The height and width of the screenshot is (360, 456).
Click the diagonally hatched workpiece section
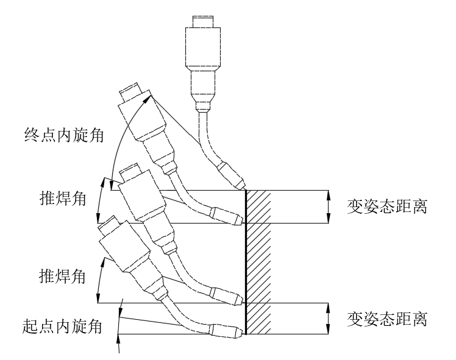coord(258,262)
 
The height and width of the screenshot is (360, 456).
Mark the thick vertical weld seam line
coord(246,262)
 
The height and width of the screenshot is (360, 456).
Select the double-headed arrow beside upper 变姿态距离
coord(329,206)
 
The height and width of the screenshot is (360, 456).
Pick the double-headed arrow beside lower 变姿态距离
coord(329,318)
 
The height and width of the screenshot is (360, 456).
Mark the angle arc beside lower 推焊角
coord(99,277)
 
